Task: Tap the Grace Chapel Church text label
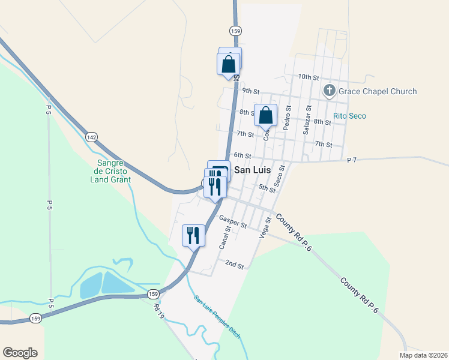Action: pos(378,91)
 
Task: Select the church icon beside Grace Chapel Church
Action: pos(329,91)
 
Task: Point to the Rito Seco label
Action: pos(349,116)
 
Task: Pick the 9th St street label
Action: pos(250,91)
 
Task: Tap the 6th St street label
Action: pos(242,155)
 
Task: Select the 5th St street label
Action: pos(267,188)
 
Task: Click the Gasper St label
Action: pos(233,221)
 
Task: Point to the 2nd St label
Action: pos(234,264)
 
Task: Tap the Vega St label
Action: pos(265,228)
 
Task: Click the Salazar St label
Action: pos(308,122)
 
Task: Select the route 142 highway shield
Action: pos(91,137)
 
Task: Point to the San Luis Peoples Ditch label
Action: pos(217,317)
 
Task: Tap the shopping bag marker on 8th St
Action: pos(265,115)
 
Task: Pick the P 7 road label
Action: pos(352,160)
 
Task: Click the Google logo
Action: pos(20,353)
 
